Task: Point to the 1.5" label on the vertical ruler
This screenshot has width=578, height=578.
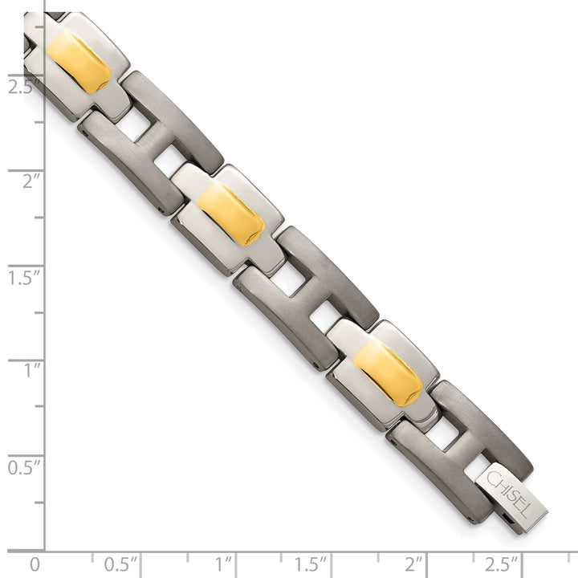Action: (25, 278)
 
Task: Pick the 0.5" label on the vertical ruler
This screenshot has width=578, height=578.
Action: (25, 466)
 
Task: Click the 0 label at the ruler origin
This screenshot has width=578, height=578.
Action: (34, 563)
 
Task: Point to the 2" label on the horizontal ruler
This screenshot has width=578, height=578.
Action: (415, 563)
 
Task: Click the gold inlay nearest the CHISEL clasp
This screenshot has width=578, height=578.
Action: (388, 373)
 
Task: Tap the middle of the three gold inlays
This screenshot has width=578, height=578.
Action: (231, 214)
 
